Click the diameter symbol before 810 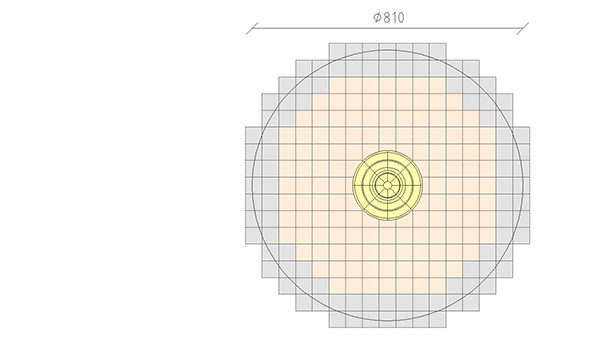377,18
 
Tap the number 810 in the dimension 394,18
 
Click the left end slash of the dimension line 252,28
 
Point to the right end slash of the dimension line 523,28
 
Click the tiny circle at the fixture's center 387,186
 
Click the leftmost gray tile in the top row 337,52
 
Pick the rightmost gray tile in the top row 438,52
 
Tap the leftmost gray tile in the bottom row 337,319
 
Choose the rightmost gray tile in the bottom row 438,319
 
